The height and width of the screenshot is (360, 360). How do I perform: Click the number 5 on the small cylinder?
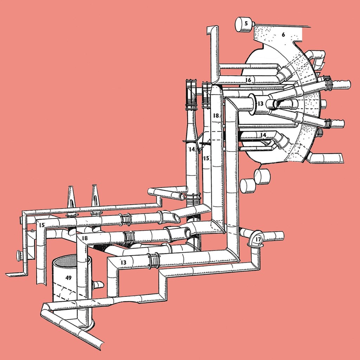(x=246, y=23)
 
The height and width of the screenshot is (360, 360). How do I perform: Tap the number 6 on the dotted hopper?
(x=283, y=35)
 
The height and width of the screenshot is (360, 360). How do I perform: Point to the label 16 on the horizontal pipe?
(x=248, y=80)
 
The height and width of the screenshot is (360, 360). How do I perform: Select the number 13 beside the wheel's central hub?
(x=260, y=104)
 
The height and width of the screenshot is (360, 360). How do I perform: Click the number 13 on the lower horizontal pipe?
(x=123, y=262)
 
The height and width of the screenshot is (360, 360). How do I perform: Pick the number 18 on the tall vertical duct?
(x=216, y=115)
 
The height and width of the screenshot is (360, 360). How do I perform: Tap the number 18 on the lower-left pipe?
(x=85, y=238)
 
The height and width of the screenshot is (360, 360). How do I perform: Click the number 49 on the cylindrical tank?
(x=69, y=278)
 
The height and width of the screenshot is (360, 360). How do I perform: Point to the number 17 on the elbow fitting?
(x=258, y=240)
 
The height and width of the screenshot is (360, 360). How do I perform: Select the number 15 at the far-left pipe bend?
(x=41, y=225)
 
